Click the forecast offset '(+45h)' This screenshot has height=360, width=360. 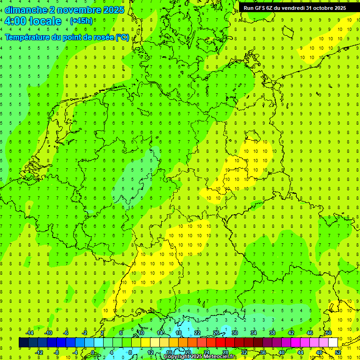pos(81,21)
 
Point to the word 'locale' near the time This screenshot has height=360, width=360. pos(45,21)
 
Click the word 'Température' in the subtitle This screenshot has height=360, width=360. pos(29,37)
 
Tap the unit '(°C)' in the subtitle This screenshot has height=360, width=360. pos(122,37)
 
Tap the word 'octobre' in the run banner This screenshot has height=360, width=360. pos(321,8)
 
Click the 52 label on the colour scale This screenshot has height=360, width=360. pos(338,352)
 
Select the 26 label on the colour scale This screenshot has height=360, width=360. pos(216,333)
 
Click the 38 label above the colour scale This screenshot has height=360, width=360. pos(272,333)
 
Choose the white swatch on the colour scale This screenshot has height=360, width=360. pos(333,343)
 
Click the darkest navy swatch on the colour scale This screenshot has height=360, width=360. pos(23,343)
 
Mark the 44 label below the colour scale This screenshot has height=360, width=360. pos(300,352)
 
